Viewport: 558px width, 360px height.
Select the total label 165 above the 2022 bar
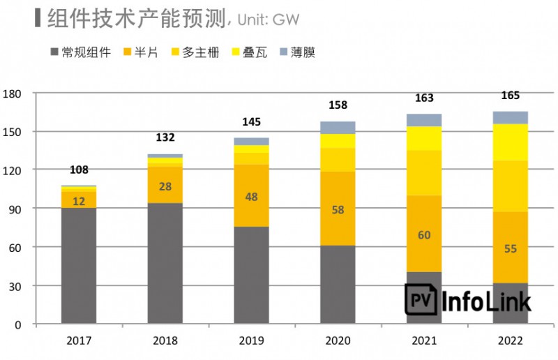511,96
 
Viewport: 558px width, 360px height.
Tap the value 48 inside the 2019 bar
252,197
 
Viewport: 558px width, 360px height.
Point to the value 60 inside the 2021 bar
424,235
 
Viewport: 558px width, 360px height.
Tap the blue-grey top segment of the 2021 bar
424,120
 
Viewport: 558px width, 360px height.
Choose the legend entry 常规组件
81,52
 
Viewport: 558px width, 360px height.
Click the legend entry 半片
139,52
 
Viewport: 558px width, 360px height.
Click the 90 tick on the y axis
16,209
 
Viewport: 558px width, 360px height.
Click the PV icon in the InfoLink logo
421,300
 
